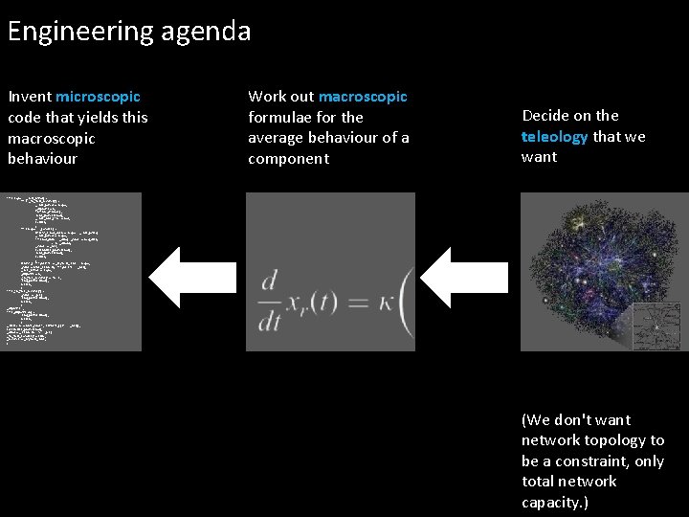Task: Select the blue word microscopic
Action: tap(98, 97)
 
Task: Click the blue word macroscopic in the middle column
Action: tap(363, 97)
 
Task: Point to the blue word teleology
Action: tap(555, 137)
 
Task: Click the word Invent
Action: tap(30, 97)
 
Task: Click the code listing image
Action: tap(74, 271)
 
